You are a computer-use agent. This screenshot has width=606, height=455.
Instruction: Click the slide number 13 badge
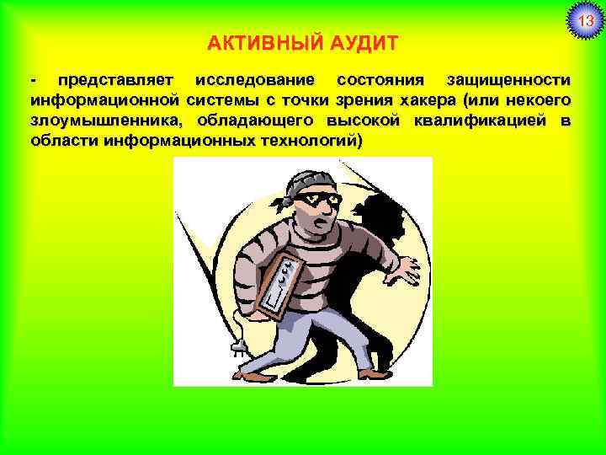(584, 19)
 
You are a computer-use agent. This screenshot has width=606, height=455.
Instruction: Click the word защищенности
(508, 81)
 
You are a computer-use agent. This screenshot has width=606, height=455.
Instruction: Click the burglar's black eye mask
(316, 200)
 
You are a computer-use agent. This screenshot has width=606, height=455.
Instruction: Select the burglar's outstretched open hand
(400, 269)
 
